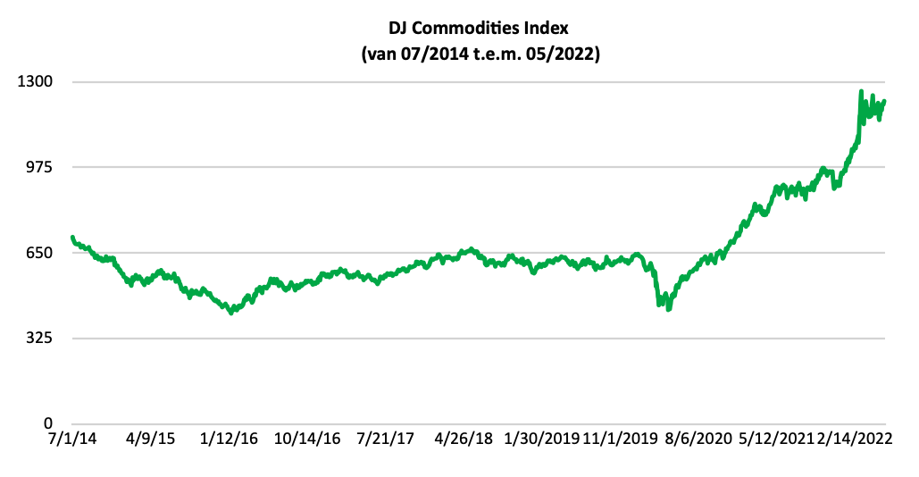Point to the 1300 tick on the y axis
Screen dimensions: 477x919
click(x=38, y=82)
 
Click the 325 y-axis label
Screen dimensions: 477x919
click(x=41, y=339)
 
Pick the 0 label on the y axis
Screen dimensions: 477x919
click(x=50, y=424)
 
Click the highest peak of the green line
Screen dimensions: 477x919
click(x=861, y=91)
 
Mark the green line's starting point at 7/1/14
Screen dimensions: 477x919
click(x=72, y=238)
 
